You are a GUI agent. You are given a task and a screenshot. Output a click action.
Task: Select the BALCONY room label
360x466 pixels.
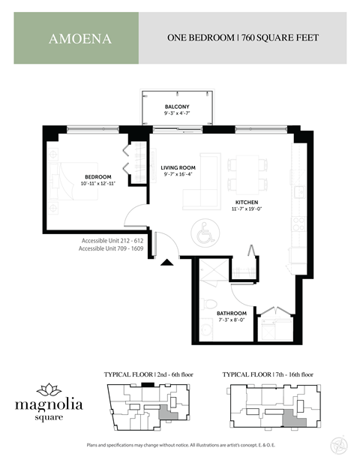pos(177,107)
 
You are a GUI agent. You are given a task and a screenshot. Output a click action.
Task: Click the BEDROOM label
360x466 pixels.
pos(97,176)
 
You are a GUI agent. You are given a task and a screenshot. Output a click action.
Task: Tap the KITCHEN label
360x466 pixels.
pos(247,203)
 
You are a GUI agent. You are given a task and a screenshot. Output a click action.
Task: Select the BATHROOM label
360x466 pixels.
pos(231,313)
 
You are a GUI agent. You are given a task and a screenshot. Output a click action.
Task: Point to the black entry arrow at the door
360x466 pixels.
pos(166,262)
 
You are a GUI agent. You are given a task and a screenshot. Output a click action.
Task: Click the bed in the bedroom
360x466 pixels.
pos(78,182)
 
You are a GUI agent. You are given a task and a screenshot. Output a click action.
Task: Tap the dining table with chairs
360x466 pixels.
pos(242,173)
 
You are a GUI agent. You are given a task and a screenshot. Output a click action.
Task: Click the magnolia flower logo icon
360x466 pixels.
pos(49,389)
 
